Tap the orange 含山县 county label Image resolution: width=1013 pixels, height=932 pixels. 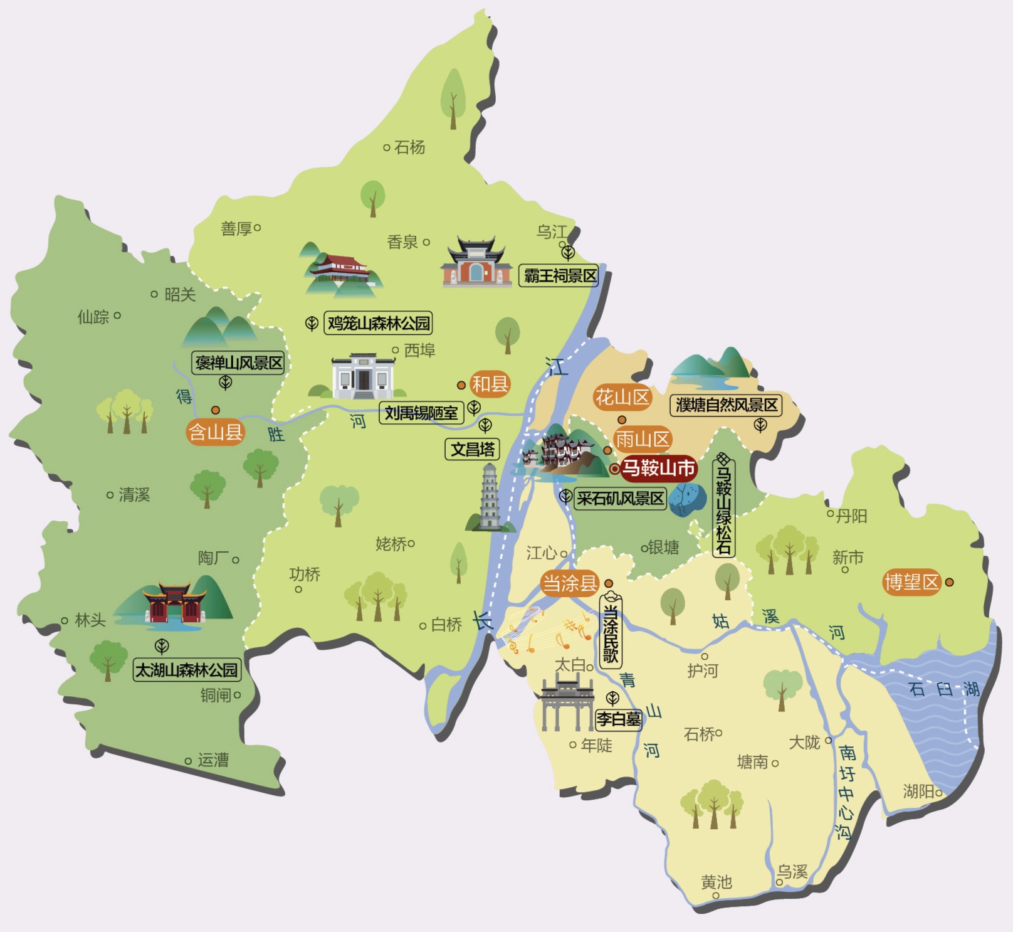216,432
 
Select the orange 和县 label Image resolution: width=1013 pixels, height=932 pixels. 490,384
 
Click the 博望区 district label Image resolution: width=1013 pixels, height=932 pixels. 911,582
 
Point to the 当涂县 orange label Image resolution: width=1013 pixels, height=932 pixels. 570,583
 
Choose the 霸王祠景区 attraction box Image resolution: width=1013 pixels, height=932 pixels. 559,275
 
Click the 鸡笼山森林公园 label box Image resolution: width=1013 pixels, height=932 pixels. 379,324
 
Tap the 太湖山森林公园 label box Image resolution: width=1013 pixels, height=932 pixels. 187,670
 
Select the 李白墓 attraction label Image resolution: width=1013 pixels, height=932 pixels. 619,719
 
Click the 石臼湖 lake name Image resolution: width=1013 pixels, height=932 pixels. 943,689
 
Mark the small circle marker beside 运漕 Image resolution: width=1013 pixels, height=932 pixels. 188,761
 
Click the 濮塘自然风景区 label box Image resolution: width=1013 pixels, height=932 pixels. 726,405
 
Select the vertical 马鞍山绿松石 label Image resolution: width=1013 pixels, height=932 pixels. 724,507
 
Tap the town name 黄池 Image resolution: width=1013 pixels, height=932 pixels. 716,882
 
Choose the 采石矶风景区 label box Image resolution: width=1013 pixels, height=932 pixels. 620,499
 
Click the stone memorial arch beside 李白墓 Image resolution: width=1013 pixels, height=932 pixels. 567,702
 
